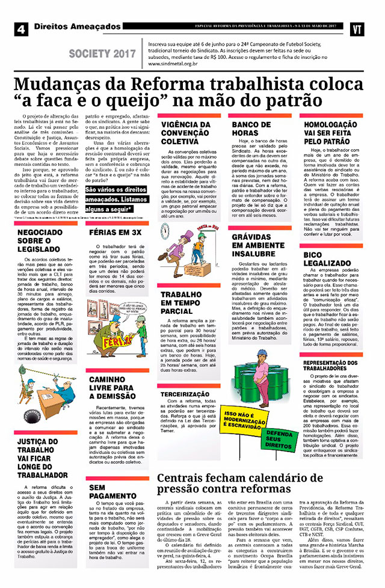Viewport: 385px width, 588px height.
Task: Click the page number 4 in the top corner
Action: [21, 28]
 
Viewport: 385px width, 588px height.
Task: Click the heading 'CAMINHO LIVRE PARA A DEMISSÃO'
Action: [112, 388]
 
